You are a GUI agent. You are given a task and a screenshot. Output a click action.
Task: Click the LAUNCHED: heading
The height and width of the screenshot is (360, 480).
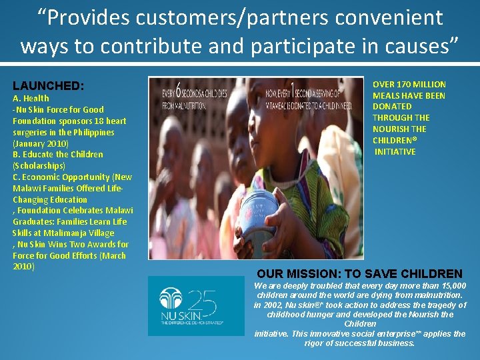[x=48, y=86]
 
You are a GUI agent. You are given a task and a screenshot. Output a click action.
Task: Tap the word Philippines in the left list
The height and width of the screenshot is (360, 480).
[x=93, y=132]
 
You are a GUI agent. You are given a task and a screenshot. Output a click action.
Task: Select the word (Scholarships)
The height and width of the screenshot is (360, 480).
[x=39, y=165]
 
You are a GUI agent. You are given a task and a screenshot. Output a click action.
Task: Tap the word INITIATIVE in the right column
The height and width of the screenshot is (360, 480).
[x=395, y=151]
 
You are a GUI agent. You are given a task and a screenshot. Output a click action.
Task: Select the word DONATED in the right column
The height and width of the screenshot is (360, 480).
[x=392, y=107]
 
